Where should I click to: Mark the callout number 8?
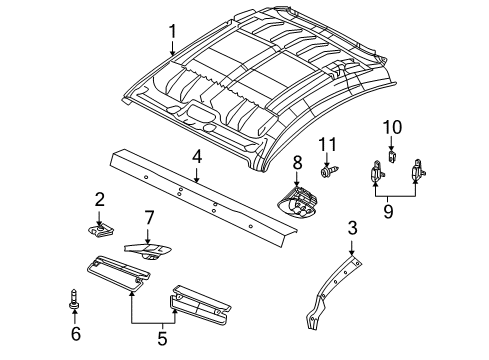pyautogui.click(x=296, y=162)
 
